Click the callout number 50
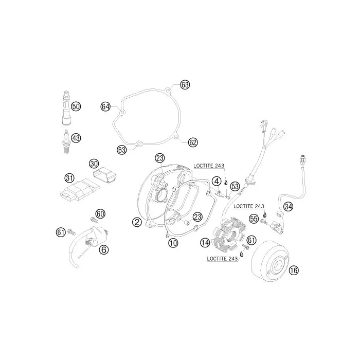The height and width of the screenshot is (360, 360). click(76, 106)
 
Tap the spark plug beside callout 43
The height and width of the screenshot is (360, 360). click(66, 141)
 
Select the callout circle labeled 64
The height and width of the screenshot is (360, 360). click(105, 107)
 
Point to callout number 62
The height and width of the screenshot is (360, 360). click(193, 142)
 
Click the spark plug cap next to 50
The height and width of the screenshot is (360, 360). click(66, 107)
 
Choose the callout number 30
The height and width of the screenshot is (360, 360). click(94, 164)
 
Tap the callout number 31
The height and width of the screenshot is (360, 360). click(69, 178)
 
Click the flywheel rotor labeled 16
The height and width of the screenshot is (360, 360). click(269, 261)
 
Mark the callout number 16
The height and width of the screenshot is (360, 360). click(294, 271)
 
